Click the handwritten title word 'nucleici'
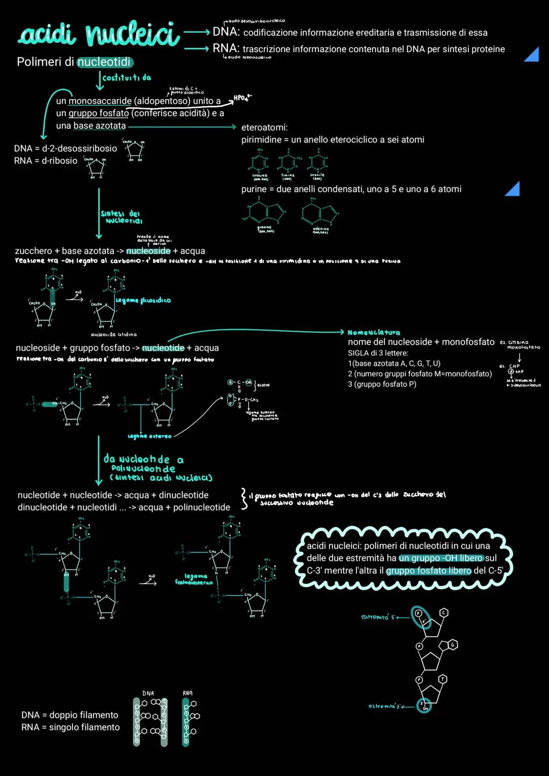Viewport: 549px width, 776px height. [x=132, y=35]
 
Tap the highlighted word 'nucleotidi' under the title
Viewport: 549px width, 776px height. [x=104, y=62]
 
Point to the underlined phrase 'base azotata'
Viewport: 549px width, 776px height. [x=99, y=126]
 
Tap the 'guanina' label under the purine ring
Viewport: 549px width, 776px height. [x=264, y=229]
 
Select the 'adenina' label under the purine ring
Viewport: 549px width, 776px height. [x=320, y=230]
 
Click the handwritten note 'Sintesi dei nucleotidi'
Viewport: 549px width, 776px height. [x=121, y=217]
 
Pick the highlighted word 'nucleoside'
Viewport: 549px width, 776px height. [x=148, y=251]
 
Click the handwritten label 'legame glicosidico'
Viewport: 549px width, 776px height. [x=143, y=301]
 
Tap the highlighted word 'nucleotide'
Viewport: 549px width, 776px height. [x=163, y=348]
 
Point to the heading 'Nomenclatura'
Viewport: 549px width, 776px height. [x=374, y=332]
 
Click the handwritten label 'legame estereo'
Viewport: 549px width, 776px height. [x=149, y=436]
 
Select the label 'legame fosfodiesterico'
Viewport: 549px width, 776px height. [x=194, y=579]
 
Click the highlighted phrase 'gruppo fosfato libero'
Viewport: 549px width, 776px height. [x=429, y=571]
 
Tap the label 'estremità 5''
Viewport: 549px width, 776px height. [x=378, y=617]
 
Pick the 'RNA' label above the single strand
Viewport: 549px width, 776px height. [x=188, y=693]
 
